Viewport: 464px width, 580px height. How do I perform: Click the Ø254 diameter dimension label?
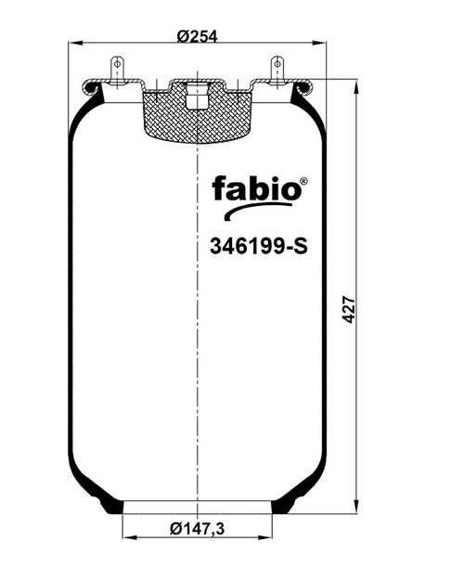(x=198, y=36)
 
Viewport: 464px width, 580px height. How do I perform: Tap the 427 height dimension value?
(x=349, y=309)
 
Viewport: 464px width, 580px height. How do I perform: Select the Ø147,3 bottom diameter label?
(x=198, y=529)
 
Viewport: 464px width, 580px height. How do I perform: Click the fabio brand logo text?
(x=256, y=187)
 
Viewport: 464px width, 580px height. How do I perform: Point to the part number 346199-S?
(x=259, y=246)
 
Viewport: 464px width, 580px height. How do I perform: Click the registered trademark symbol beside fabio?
(x=303, y=181)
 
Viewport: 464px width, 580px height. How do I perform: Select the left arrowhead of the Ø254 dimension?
(x=75, y=44)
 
